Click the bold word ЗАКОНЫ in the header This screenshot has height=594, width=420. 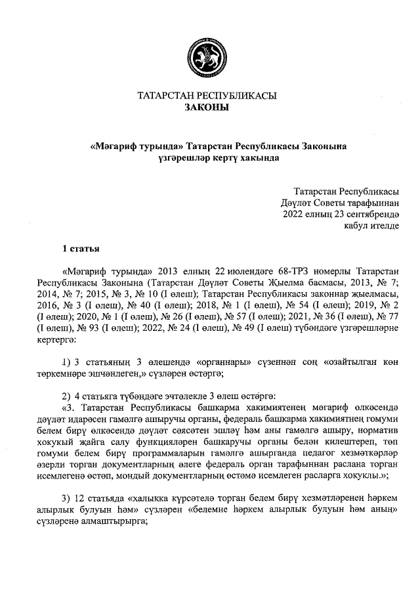[x=206, y=108]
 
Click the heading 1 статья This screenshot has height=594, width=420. [x=81, y=249]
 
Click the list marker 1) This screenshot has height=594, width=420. [x=66, y=362]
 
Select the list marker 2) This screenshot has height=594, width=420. [x=66, y=396]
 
